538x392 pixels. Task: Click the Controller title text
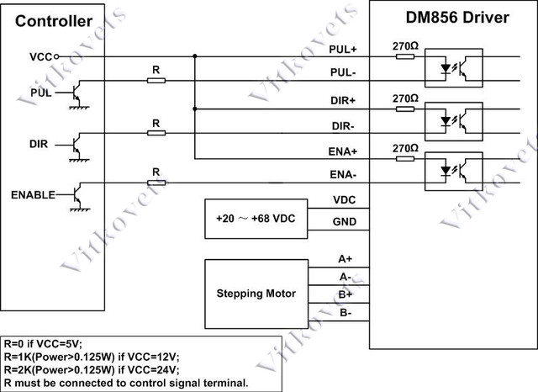pos(54,21)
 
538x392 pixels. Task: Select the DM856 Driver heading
pos(457,18)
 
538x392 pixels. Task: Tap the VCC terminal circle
pos(56,56)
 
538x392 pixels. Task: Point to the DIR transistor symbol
pos(76,146)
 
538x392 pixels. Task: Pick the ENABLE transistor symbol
pos(76,196)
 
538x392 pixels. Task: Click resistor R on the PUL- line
pos(156,81)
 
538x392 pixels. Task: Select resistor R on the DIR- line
pos(156,133)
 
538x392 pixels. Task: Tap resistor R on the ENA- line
pos(156,183)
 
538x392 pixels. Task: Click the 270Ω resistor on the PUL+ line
pos(405,56)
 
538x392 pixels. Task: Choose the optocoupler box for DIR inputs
pos(454,121)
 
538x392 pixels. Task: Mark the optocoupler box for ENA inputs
pos(454,172)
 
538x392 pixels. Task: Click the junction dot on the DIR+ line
pos(195,109)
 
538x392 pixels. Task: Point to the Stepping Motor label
pos(256,294)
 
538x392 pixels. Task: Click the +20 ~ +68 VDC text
pos(256,219)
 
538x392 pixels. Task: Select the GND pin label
pos(345,222)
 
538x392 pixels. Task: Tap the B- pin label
pos(345,313)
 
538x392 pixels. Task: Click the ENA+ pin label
pos(343,151)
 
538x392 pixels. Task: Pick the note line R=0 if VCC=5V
pos(43,343)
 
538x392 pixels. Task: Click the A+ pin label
pos(345,259)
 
